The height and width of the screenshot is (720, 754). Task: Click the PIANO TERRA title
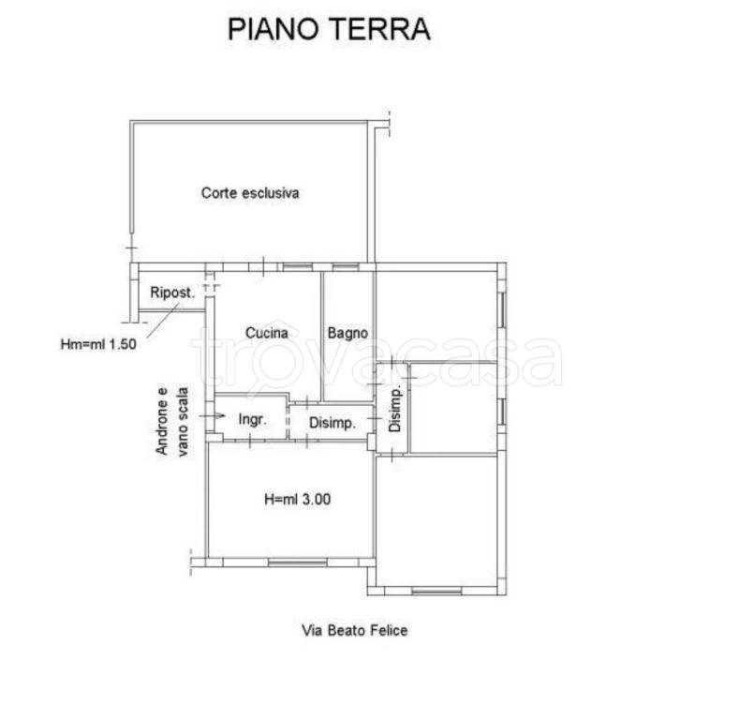[329, 29]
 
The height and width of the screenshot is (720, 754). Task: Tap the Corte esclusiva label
[250, 193]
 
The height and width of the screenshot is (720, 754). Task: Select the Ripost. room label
[172, 292]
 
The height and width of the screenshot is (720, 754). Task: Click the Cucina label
[267, 333]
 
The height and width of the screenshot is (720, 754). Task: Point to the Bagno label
[347, 333]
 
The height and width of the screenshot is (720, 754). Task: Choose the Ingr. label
[253, 420]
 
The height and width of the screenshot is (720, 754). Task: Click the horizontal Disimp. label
[333, 423]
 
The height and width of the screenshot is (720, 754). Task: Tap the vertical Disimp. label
[394, 409]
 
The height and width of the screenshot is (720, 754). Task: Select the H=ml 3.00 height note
[298, 499]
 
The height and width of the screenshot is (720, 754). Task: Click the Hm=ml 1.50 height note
[98, 344]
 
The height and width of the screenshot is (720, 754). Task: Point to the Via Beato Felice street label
[355, 630]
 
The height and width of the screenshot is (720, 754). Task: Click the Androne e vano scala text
[172, 421]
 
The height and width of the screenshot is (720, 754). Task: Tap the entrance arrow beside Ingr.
[212, 415]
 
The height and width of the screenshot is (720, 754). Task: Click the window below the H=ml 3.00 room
[298, 562]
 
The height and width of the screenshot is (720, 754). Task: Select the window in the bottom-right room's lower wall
[436, 591]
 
